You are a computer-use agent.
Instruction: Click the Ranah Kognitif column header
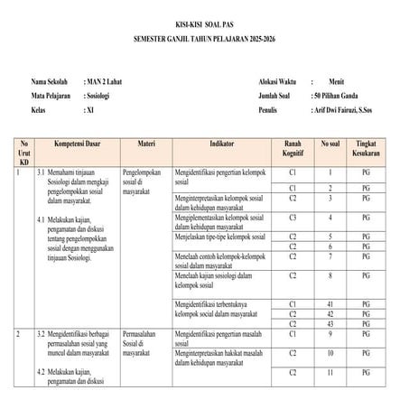tap(293, 148)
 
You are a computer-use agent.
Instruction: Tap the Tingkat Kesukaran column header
tap(366, 148)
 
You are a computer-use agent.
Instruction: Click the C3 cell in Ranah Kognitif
tap(293, 218)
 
